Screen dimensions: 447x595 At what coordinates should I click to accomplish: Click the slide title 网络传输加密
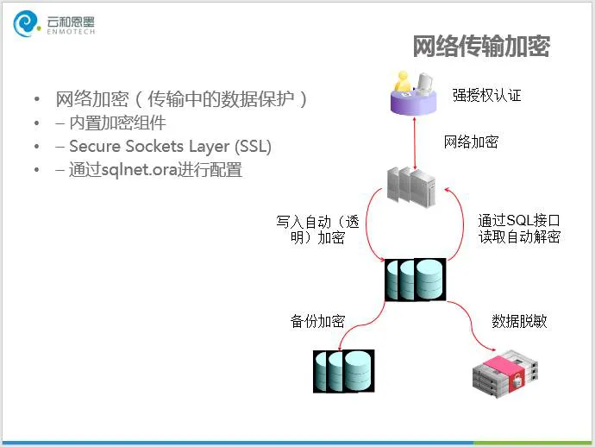(480, 47)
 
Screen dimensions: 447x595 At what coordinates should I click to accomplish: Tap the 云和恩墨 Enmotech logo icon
(27, 24)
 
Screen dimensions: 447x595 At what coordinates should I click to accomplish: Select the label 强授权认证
(487, 95)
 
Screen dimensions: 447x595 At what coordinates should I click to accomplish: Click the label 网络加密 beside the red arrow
(471, 142)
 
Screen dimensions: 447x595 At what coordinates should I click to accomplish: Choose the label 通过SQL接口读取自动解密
(519, 229)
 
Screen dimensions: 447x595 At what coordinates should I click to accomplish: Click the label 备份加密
(317, 322)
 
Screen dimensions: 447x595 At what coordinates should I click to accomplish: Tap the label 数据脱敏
(519, 322)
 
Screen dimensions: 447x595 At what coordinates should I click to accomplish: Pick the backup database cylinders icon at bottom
(343, 369)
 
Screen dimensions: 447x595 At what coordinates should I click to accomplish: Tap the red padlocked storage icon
(504, 372)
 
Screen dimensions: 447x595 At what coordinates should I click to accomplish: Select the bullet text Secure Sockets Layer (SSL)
(170, 147)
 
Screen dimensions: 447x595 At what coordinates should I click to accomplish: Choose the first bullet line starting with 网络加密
(181, 98)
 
